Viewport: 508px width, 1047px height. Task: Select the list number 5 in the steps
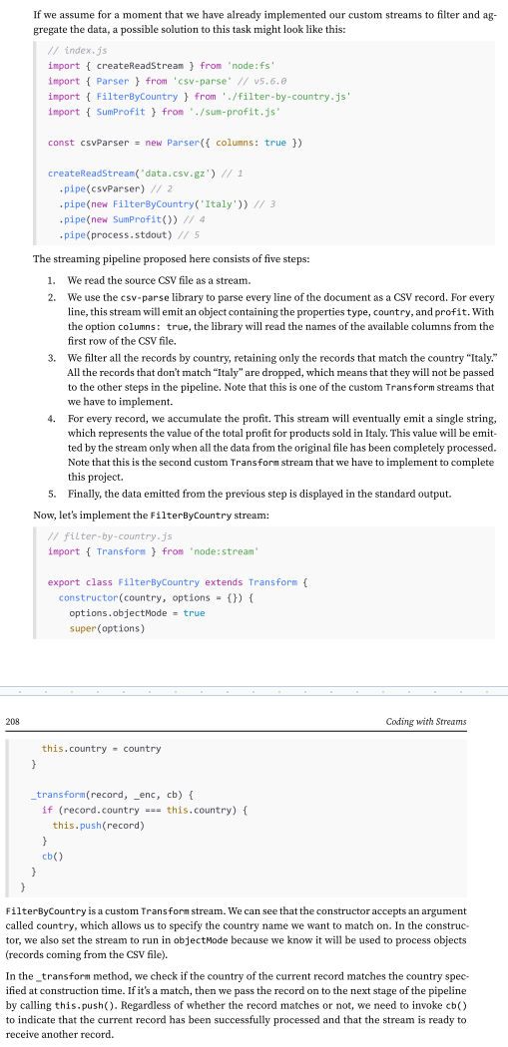[51, 494]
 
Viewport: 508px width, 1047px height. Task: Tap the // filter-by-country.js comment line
[112, 535]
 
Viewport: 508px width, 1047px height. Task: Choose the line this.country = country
[101, 749]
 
